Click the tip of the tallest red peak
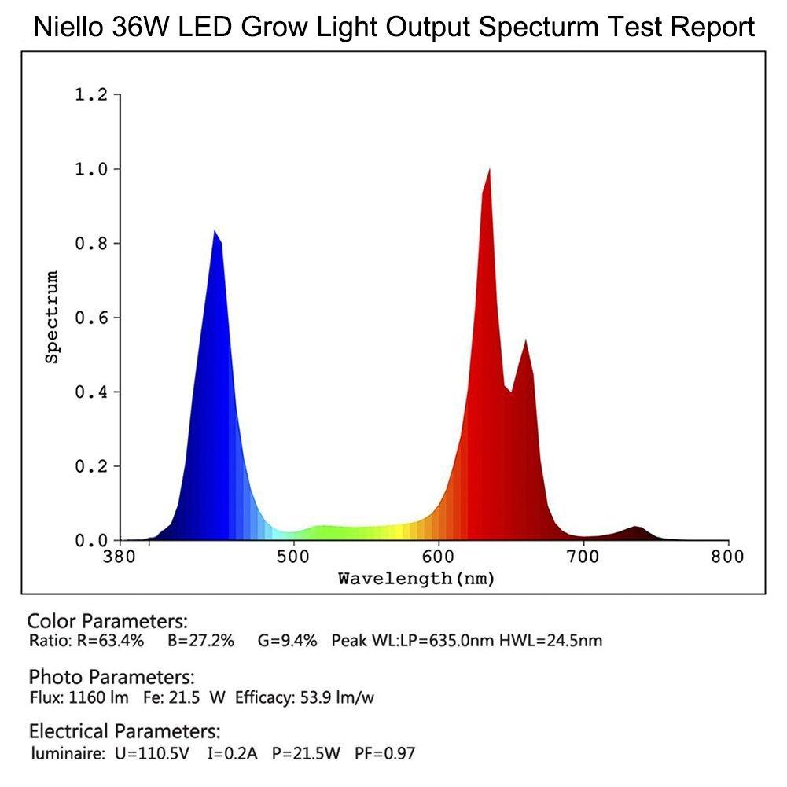[490, 170]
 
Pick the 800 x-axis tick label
[728, 556]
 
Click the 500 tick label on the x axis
[293, 556]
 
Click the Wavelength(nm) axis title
[416, 579]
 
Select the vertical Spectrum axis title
[53, 317]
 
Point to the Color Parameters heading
[108, 621]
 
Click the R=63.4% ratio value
[111, 641]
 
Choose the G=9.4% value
[287, 641]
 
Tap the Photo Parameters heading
[111, 677]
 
